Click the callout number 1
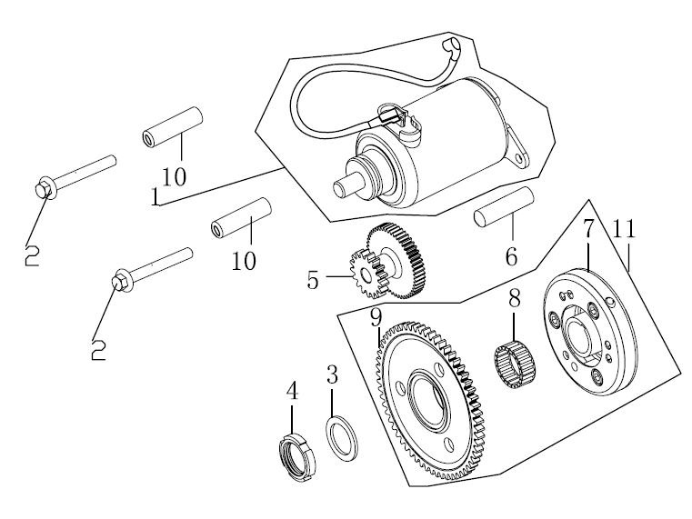pos(155,196)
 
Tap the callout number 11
pos(624,229)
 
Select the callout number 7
pos(588,229)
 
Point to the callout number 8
pos(514,298)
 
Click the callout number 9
pos(376,318)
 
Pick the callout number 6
pos(511,257)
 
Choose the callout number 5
pos(313,280)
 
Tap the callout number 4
pos(292,391)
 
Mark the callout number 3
pos(332,374)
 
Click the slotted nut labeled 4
pos(298,457)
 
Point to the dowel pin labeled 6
pos(504,207)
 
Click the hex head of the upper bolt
pos(45,189)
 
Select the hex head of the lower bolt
pos(121,281)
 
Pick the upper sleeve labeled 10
pos(173,127)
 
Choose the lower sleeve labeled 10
pos(241,218)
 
